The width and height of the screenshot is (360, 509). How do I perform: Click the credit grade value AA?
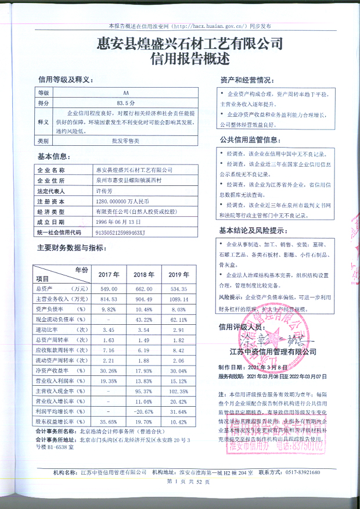point(126,92)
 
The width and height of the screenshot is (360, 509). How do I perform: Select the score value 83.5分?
point(126,102)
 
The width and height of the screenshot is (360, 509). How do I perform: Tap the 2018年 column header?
point(142,274)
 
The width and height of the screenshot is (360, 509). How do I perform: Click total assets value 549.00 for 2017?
point(109,289)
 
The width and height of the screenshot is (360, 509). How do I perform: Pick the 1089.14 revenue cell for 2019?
point(178,299)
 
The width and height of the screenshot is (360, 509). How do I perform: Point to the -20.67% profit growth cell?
point(143,412)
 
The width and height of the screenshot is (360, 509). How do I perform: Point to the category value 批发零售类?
point(126,141)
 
